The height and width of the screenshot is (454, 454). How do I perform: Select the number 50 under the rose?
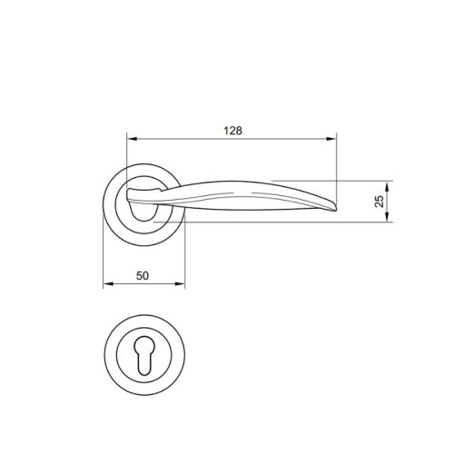click(143, 274)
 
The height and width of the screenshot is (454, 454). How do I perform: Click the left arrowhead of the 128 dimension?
click(130, 140)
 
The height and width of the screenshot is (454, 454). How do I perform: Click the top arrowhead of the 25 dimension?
click(390, 183)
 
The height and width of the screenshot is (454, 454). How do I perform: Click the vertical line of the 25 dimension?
click(390, 200)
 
